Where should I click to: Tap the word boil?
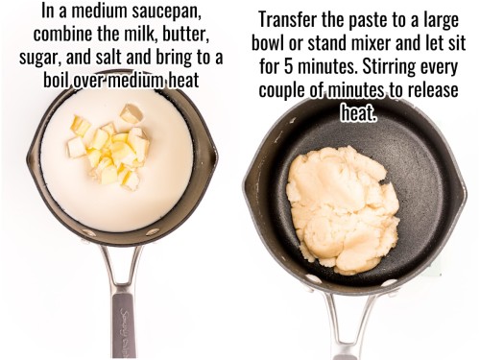pyautogui.click(x=60, y=81)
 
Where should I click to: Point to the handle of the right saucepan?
pyautogui.click(x=353, y=326)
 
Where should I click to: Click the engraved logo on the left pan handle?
pyautogui.click(x=123, y=331)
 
